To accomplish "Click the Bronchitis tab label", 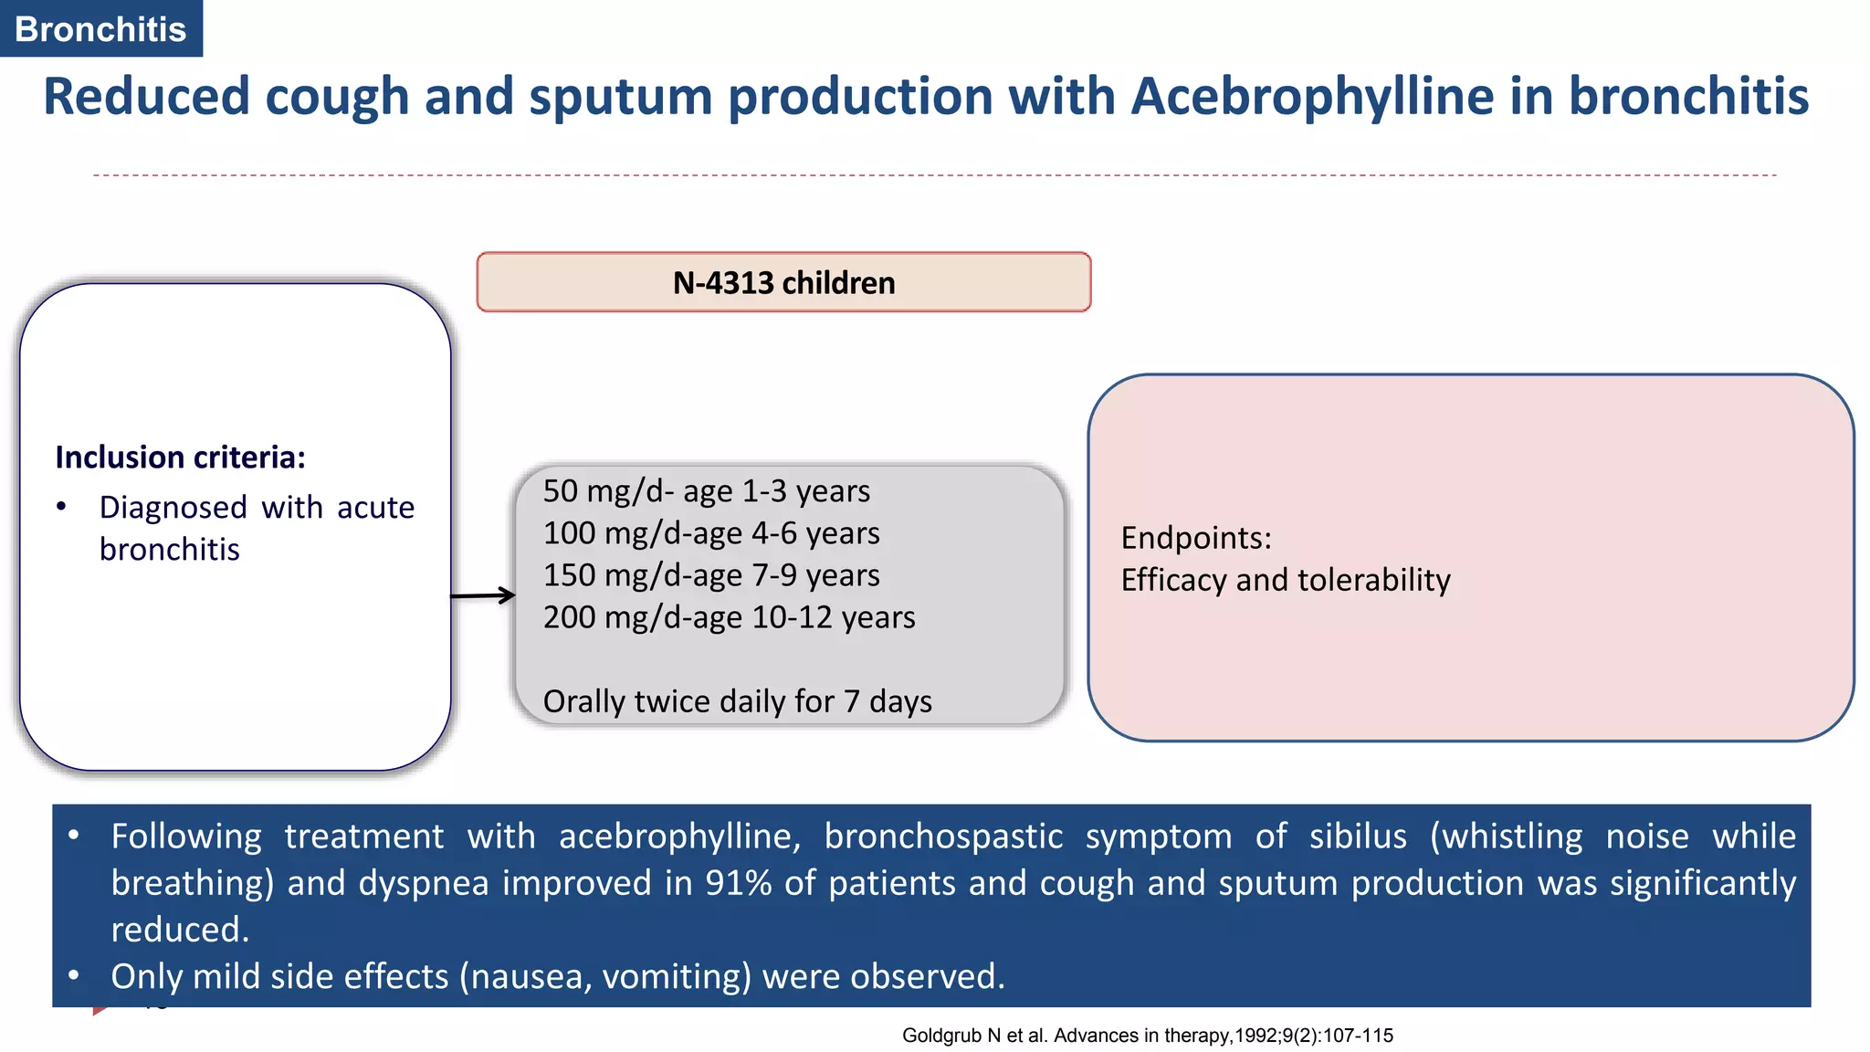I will point(100,29).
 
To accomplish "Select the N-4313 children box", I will point(783,282).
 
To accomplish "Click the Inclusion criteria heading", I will point(180,457).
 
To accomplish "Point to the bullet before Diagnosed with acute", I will point(61,507).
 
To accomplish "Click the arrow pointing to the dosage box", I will point(484,595).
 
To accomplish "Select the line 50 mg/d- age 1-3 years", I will point(706,491).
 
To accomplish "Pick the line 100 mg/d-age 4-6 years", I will point(711,533).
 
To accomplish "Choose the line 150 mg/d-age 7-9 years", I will point(711,575).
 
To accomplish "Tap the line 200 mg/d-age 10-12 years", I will point(729,617).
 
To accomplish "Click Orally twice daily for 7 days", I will point(737,701).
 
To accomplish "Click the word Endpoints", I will point(1195,538).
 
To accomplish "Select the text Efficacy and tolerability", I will point(1285,580).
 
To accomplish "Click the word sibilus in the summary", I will point(1358,836).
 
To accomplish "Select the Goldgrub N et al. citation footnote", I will point(1147,1036).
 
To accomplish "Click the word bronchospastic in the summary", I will point(943,836).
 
